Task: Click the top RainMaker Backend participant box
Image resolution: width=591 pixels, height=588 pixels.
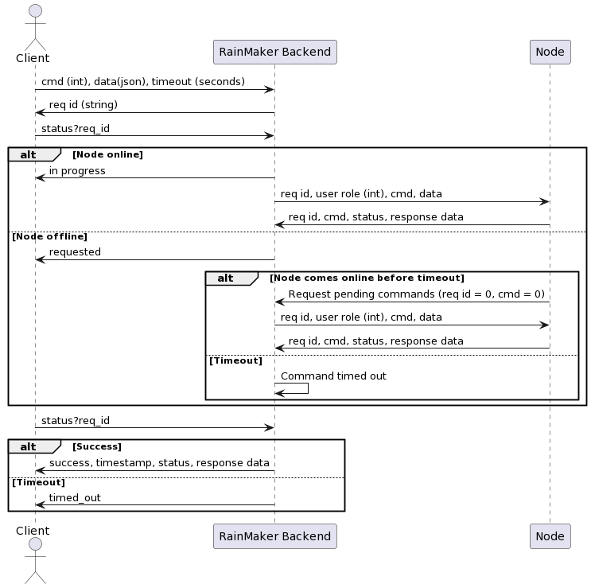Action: click(x=274, y=52)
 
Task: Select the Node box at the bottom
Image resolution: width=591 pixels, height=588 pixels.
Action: click(x=550, y=536)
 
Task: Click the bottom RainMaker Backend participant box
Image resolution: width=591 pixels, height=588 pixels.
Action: click(x=274, y=536)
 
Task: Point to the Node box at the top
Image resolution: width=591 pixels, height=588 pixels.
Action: click(x=550, y=52)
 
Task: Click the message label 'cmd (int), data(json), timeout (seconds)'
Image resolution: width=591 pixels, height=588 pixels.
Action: click(x=143, y=82)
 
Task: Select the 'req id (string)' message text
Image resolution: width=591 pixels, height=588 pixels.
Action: click(x=84, y=105)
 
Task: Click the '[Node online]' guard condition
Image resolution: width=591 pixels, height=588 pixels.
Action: click(x=107, y=154)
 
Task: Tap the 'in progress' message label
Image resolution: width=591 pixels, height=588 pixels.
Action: click(x=77, y=171)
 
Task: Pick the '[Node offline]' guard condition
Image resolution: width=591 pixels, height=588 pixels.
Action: click(x=49, y=236)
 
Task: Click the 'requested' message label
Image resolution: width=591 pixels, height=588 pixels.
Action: click(x=75, y=252)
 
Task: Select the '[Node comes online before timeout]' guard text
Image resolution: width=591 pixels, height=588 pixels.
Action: click(x=367, y=278)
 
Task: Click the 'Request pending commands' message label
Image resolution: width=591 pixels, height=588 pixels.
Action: click(x=416, y=294)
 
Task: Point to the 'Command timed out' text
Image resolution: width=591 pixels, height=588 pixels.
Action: click(x=333, y=376)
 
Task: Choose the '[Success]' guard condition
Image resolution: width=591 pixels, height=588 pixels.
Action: click(x=97, y=446)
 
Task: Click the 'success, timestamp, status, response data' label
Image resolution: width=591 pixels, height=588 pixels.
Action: click(x=159, y=463)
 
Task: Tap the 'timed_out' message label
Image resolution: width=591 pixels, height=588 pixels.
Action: click(x=75, y=498)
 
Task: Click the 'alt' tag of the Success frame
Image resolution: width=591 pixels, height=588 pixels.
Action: click(x=29, y=446)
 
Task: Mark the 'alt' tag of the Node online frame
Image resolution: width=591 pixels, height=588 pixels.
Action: click(x=29, y=154)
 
